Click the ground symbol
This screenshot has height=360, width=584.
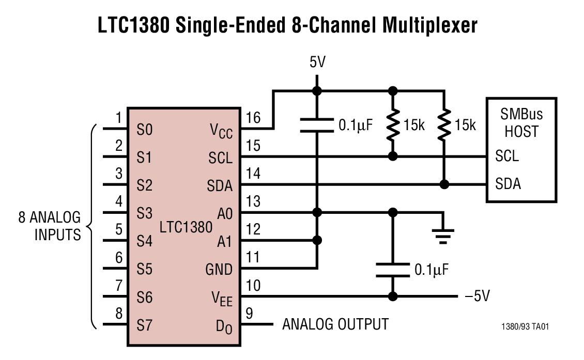tap(443, 236)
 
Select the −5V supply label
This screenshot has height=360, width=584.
tap(477, 296)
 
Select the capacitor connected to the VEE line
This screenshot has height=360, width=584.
tap(393, 270)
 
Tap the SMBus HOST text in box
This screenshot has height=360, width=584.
tap(521, 122)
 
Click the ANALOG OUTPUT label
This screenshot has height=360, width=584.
tap(335, 324)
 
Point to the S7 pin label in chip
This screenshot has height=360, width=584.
tap(145, 325)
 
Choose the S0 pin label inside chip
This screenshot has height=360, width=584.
tap(145, 129)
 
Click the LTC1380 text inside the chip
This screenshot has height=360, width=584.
tap(186, 227)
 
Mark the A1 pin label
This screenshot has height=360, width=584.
tap(224, 241)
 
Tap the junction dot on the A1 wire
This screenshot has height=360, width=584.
tap(317, 240)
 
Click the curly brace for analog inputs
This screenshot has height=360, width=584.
tap(92, 227)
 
